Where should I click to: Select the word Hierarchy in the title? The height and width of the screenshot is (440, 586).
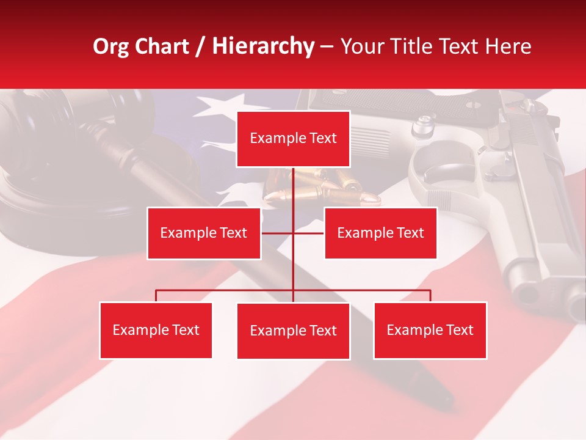(x=263, y=46)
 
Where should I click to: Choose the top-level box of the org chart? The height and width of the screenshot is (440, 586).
(x=293, y=139)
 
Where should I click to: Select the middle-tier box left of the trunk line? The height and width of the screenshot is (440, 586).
(x=204, y=233)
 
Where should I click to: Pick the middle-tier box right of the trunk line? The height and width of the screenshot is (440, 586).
(x=380, y=233)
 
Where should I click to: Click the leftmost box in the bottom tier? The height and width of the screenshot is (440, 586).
(x=156, y=331)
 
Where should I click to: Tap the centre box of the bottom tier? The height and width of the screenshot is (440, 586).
(x=293, y=331)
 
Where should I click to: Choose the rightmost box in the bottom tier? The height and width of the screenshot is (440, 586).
(x=430, y=331)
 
